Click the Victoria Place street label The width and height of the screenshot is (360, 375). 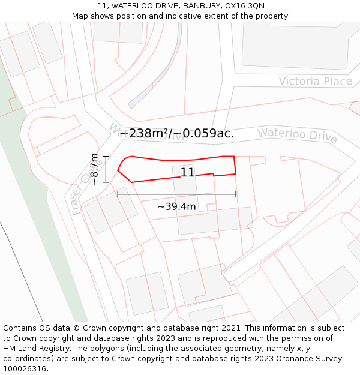tap(315, 81)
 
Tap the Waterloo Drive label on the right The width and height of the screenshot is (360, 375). tap(297, 135)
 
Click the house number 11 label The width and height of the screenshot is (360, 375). tap(187, 173)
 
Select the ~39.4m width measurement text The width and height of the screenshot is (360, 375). tap(176, 206)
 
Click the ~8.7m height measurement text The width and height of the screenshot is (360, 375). tap(94, 169)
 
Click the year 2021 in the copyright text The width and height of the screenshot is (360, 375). tap(231, 328)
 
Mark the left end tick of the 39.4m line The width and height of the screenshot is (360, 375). tap(118, 194)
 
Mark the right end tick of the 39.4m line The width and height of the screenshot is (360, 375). tap(236, 194)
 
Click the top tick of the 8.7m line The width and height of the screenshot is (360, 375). tap(106, 156)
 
